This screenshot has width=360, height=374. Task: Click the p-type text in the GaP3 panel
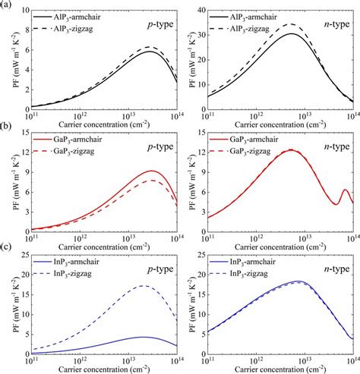pos(156,148)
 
